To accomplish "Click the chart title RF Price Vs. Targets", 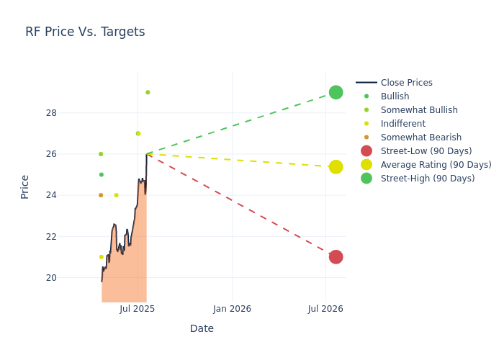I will click(x=85, y=32).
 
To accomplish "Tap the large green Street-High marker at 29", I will click(x=336, y=92).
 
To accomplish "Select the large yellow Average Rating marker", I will click(x=336, y=167).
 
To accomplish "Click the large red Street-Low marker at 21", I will click(x=336, y=257).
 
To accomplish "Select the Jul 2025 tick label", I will click(x=138, y=309).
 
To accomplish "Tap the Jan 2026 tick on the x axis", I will click(x=232, y=309).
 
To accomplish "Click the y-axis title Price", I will click(x=25, y=186).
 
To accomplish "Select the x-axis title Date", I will click(x=202, y=328).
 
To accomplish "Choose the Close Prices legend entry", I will click(x=406, y=83).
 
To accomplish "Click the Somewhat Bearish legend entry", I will click(x=420, y=138).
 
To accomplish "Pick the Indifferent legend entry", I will click(x=402, y=124).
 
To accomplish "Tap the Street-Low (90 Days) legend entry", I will click(x=426, y=151).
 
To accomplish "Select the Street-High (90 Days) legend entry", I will click(x=427, y=179).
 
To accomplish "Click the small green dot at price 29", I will click(x=148, y=92).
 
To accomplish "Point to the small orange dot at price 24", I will click(x=101, y=195).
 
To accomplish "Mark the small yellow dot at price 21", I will click(x=102, y=257).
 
